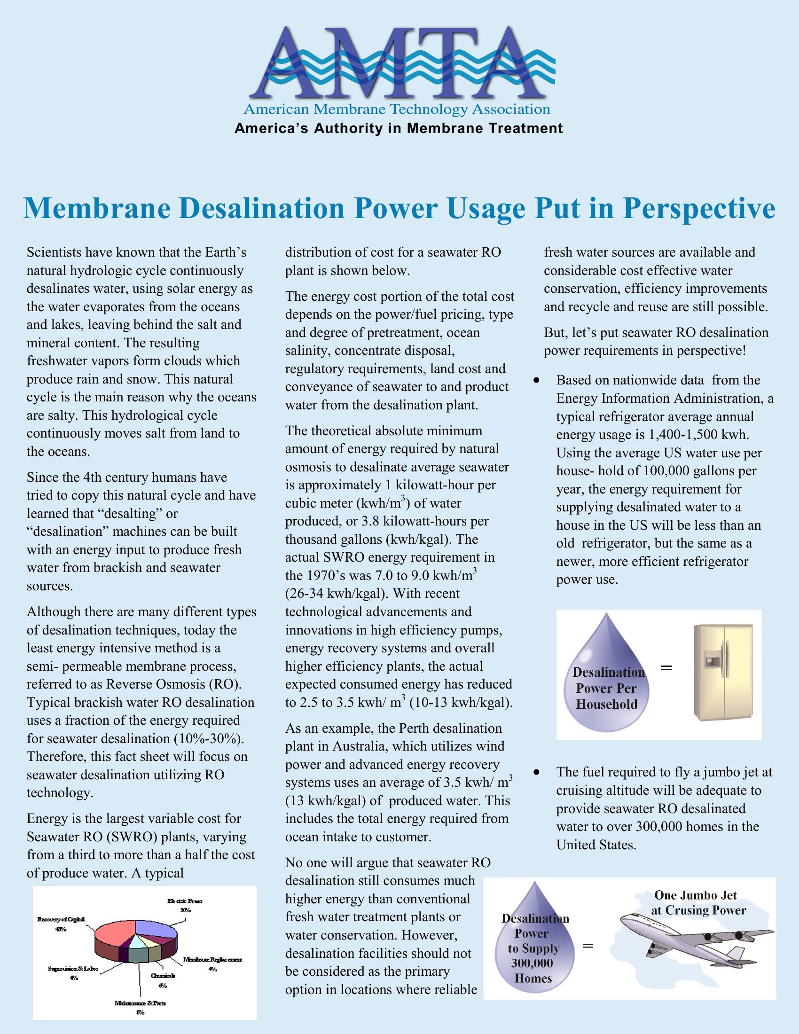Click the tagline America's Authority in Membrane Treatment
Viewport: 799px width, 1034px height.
click(399, 128)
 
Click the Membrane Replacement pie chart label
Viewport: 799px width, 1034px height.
click(212, 960)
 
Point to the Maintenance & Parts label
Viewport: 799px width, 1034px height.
click(140, 1003)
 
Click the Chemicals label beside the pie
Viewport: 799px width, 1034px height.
click(163, 976)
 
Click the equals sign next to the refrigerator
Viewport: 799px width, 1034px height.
click(666, 668)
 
